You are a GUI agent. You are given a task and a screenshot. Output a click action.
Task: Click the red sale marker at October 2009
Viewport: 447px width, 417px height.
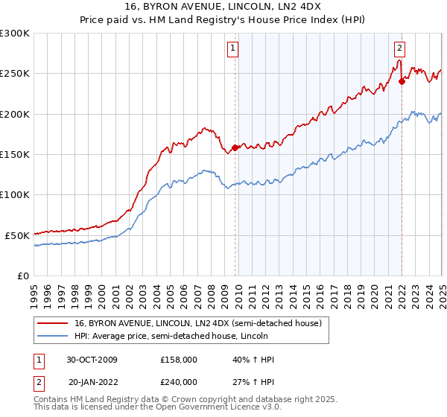(235, 147)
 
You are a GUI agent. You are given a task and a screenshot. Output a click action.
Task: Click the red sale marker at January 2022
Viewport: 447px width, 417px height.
(402, 81)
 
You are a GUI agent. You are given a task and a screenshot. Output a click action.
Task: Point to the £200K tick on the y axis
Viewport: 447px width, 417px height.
(15, 114)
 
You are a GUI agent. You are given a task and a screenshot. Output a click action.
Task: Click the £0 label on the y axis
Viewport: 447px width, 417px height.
(22, 276)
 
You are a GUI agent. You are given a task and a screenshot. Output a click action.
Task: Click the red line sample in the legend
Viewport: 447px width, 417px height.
(54, 324)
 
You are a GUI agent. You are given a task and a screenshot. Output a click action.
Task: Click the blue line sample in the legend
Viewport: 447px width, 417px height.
(54, 337)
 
